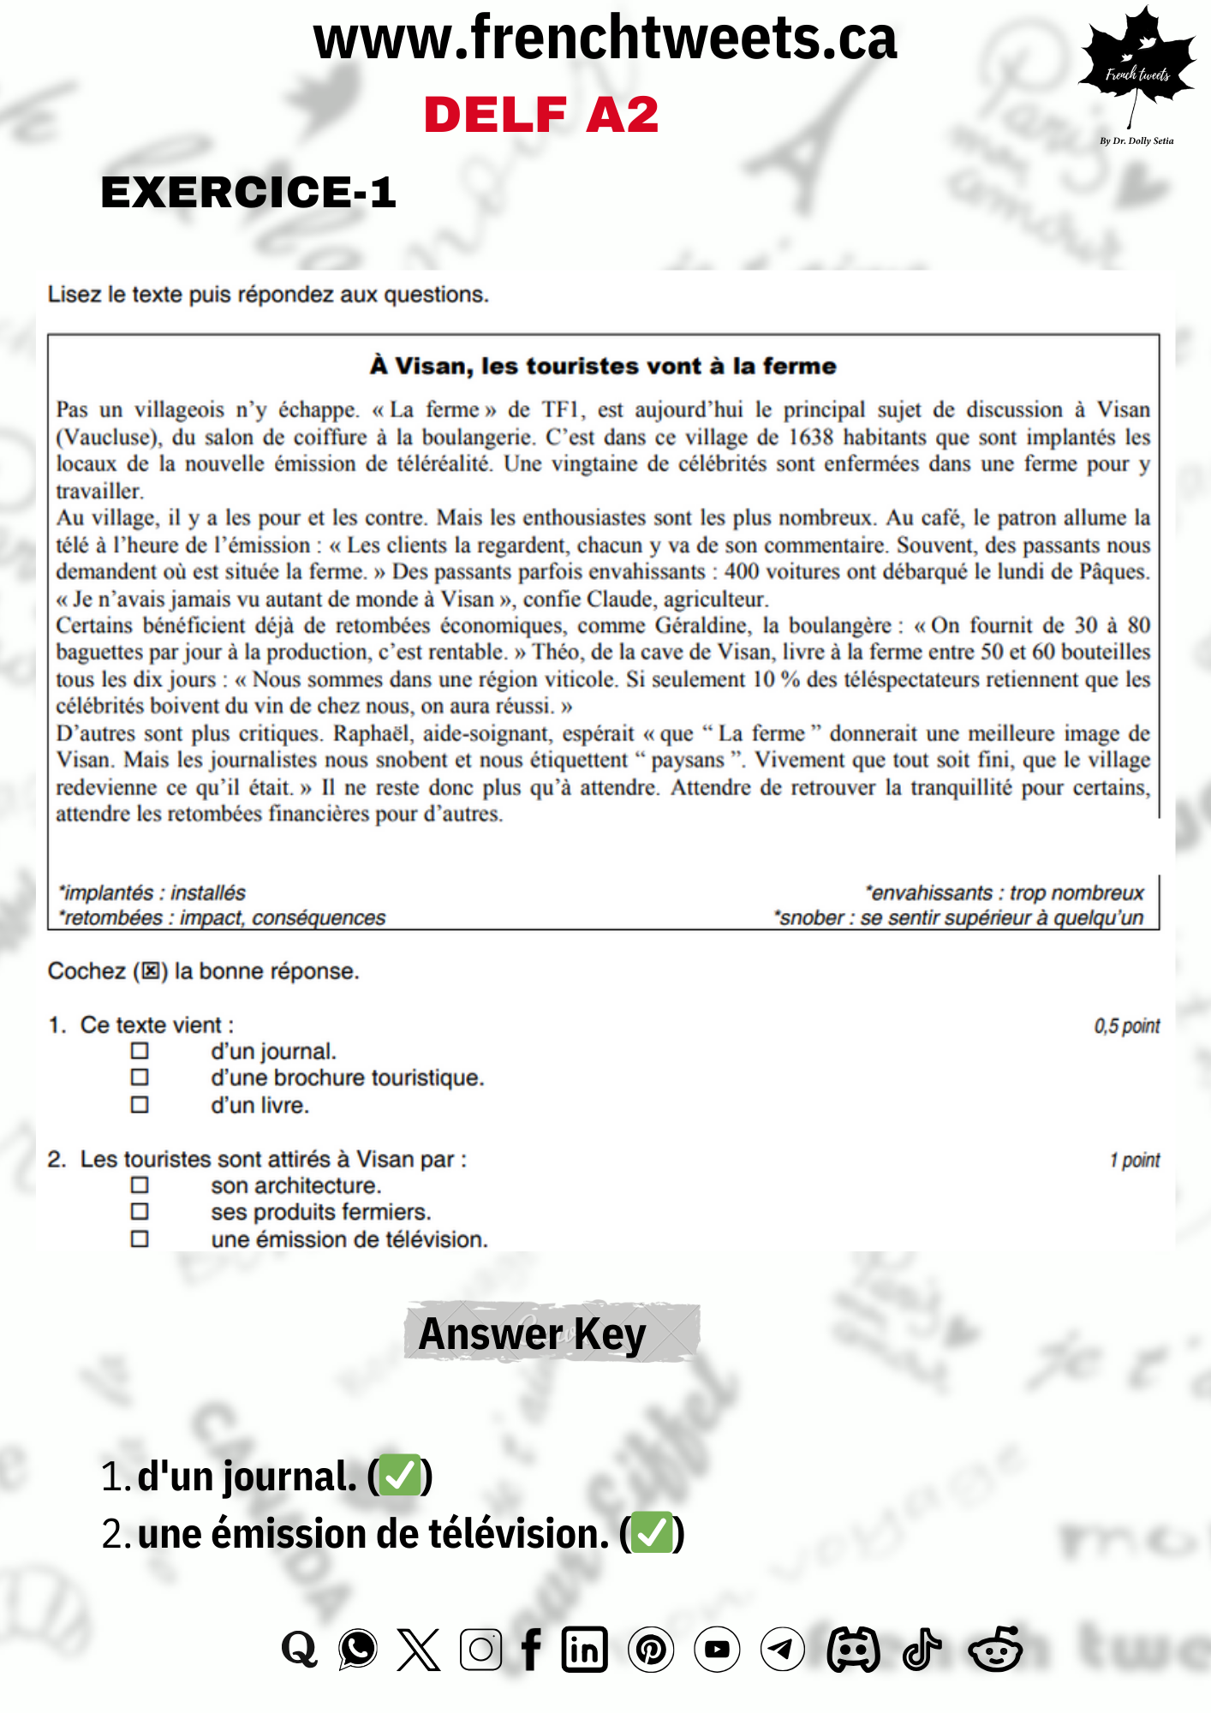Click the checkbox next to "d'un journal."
[140, 1051]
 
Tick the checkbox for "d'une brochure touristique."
[140, 1077]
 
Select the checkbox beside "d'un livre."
[140, 1105]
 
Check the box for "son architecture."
[140, 1185]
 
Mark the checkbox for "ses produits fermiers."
[140, 1212]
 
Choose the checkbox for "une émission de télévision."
[140, 1239]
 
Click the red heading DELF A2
[541, 115]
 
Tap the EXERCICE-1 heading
[248, 192]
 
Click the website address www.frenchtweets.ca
[605, 39]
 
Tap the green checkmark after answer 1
[400, 1475]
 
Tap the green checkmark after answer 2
[652, 1533]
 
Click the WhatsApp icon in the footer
[358, 1649]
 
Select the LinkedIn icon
[585, 1649]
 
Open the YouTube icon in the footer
[717, 1649]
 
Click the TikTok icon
[922, 1649]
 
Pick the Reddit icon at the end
[995, 1649]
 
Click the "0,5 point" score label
[1126, 1026]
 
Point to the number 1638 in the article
[810, 438]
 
